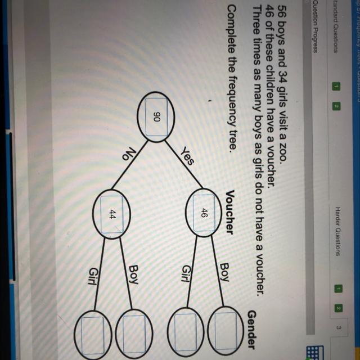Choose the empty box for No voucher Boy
coord(133,331)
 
